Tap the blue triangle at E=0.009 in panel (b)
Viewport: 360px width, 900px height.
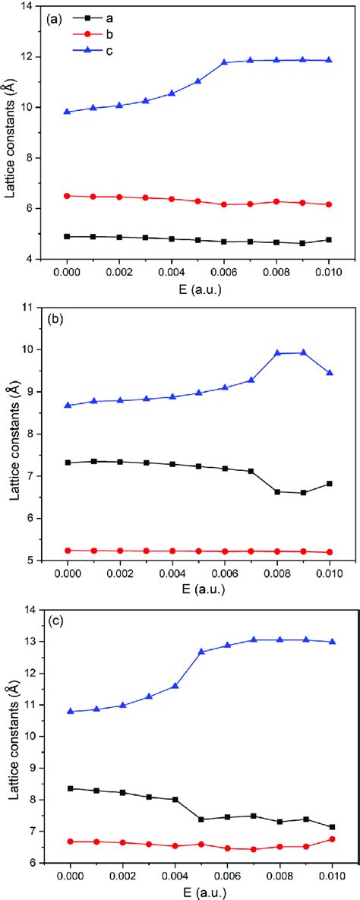(x=304, y=352)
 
